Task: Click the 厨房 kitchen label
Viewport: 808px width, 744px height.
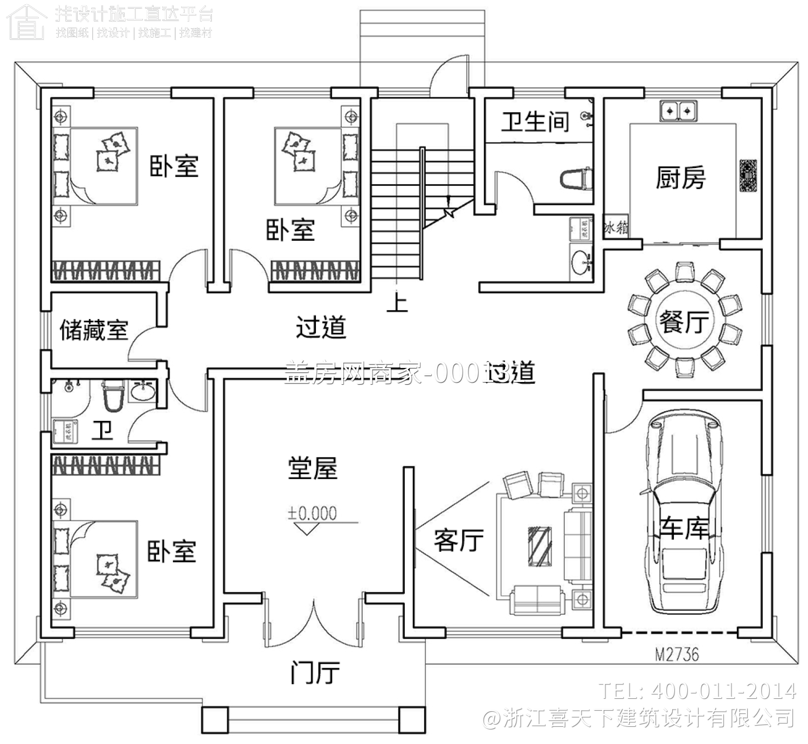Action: (680, 177)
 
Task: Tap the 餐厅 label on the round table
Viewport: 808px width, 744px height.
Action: (684, 322)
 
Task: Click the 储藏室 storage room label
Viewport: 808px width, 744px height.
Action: (93, 330)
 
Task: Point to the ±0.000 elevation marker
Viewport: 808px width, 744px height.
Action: (313, 513)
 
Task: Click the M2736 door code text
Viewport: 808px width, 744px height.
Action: (676, 654)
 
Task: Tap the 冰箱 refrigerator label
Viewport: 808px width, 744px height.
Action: (616, 228)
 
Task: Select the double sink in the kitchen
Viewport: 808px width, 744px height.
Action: (679, 110)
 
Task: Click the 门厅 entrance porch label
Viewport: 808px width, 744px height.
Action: (315, 673)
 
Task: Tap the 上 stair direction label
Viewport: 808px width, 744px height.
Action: (397, 302)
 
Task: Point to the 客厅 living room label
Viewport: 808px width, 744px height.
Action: (459, 540)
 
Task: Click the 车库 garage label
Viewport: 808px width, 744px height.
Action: (684, 528)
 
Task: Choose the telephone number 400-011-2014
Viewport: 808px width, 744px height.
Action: (722, 691)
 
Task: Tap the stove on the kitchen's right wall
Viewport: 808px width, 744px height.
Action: (748, 176)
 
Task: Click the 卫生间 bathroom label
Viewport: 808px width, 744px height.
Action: (535, 122)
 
